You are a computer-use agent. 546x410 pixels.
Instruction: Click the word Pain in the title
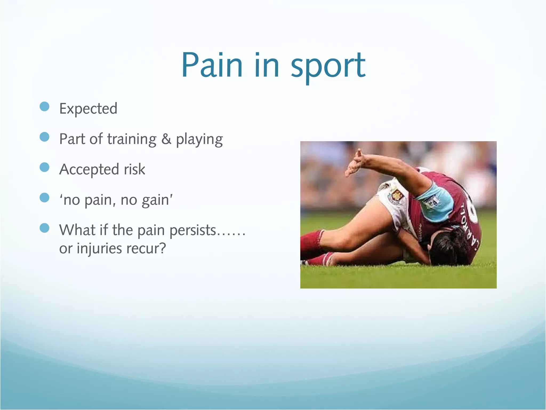pos(212,65)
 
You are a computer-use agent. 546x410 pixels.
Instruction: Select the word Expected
pos(88,109)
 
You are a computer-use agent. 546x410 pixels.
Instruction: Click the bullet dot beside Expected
pos(45,107)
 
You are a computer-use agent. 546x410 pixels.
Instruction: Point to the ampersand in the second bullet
pos(166,139)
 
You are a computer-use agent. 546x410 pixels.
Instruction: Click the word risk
pos(135,169)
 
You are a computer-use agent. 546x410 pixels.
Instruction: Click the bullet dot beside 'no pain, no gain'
pos(45,198)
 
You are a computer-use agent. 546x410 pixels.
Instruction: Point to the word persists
pos(193,230)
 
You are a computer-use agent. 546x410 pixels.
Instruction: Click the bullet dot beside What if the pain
pos(45,228)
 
